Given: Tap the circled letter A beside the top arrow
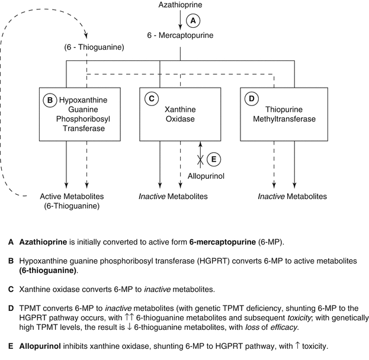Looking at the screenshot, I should pyautogui.click(x=192, y=21).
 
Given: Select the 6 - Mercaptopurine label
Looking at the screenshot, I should pyautogui.click(x=179, y=36).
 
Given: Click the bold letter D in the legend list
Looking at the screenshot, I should pyautogui.click(x=10, y=308).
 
